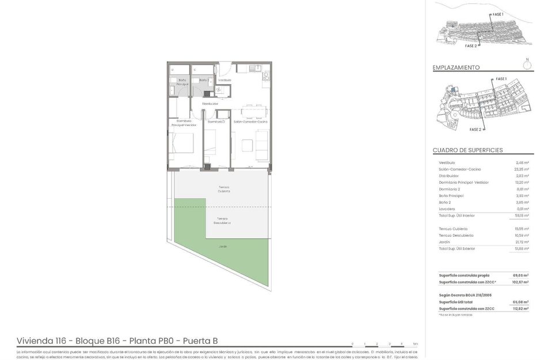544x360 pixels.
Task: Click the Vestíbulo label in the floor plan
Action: pos(225,80)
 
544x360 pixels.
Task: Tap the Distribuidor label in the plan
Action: pos(210,104)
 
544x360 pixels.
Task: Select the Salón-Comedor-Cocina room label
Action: pos(250,122)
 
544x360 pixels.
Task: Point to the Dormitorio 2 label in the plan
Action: pos(216,122)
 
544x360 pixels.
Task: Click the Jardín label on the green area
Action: pos(222,247)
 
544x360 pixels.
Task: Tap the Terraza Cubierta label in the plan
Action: pos(223,188)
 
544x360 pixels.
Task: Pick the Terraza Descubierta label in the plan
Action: pos(222,220)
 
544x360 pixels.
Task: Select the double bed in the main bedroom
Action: pos(184,143)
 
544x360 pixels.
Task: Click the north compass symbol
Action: pos(527,65)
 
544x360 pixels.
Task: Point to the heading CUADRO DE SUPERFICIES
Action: pos(467,150)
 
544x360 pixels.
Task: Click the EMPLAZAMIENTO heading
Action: pos(456,67)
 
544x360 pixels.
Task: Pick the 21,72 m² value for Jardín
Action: pos(522,242)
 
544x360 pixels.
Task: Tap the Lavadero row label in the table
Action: pos(447,209)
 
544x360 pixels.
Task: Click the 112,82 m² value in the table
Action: pos(520,309)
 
